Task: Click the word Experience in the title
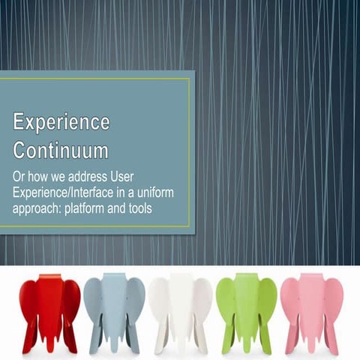[61, 121]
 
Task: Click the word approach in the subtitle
[37, 208]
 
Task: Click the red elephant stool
[49, 311]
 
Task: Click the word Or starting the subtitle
[19, 177]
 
